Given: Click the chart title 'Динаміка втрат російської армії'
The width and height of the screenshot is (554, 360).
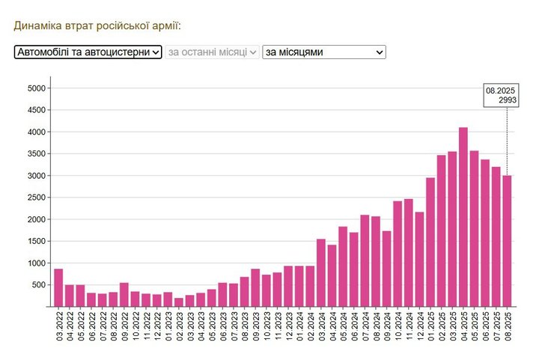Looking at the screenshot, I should (97, 25).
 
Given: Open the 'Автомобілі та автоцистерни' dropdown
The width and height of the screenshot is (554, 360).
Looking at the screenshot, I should (88, 52).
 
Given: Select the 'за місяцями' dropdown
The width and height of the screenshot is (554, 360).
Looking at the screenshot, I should (323, 52).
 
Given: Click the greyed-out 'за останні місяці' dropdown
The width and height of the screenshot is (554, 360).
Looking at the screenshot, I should (213, 52).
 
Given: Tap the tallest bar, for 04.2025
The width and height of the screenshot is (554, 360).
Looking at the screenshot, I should (463, 217).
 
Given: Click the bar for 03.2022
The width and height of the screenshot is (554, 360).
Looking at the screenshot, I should (58, 287).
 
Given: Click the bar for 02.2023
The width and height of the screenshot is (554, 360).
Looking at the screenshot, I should (179, 302).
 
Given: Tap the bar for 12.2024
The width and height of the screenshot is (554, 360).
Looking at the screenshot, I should (419, 259).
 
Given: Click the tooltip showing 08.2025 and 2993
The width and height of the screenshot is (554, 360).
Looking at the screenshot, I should (500, 95).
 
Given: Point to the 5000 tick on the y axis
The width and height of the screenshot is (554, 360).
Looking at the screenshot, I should (37, 88).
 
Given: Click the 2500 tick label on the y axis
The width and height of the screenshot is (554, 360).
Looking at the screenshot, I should (37, 198).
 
